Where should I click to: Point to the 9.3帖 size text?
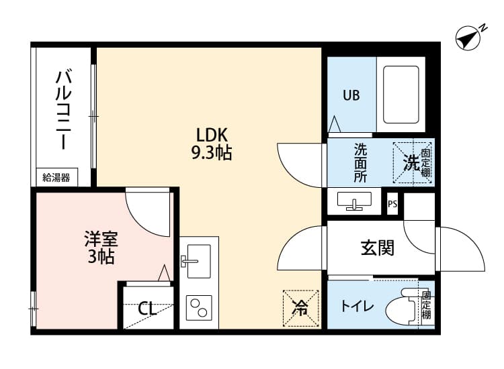tap(211, 154)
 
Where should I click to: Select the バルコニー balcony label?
tap(63, 109)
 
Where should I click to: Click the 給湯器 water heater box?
tap(56, 178)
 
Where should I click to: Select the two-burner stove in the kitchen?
tap(199, 309)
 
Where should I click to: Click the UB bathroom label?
tap(351, 95)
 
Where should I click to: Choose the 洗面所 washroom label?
tap(361, 163)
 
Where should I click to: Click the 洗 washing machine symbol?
tap(411, 162)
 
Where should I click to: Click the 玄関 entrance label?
tap(377, 248)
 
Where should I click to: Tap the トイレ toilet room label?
tap(357, 307)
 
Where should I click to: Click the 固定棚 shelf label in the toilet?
tap(427, 305)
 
